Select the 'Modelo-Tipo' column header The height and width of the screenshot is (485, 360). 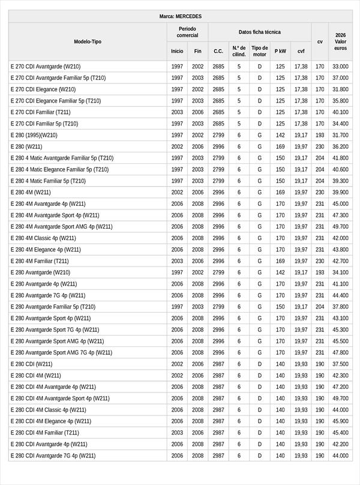(x=88, y=41)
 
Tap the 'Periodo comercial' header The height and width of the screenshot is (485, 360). (x=187, y=32)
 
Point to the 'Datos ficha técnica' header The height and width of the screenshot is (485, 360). (x=259, y=32)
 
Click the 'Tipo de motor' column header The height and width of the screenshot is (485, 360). (x=260, y=51)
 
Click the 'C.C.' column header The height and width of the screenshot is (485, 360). (x=218, y=51)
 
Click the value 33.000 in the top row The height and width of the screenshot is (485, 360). (x=340, y=66)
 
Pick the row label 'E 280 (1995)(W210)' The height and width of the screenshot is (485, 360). (x=34, y=135)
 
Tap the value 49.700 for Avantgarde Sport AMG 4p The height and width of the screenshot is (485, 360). (x=340, y=227)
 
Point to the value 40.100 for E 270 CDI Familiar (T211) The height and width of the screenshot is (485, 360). (x=340, y=112)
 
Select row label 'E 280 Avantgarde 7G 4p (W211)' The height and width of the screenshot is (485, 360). (x=48, y=295)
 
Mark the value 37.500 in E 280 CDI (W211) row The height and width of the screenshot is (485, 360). (x=340, y=364)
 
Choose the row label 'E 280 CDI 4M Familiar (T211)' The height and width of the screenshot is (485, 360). (x=45, y=433)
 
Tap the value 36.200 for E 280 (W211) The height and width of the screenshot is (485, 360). (x=340, y=146)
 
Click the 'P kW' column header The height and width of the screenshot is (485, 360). (x=280, y=51)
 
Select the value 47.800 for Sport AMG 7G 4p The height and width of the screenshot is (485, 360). (x=340, y=353)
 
